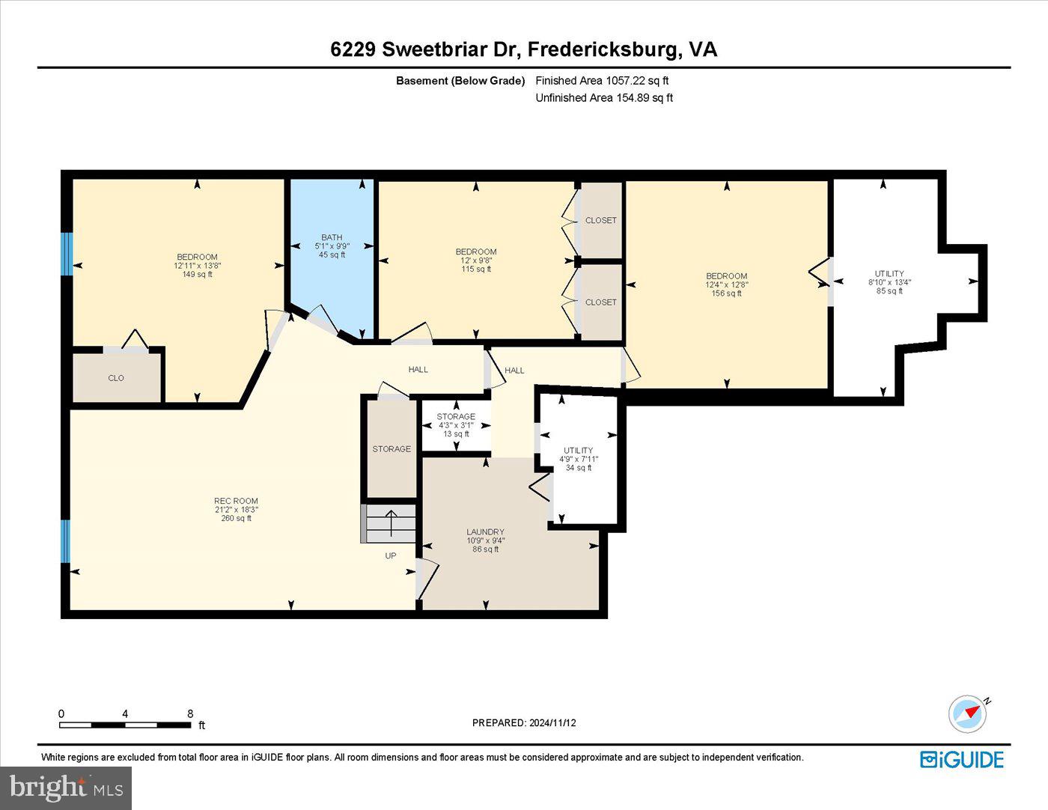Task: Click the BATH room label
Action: coord(332,237)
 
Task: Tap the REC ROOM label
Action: coord(236,502)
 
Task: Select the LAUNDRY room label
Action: coord(485,532)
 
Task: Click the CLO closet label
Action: coord(116,378)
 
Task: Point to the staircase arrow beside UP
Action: coord(390,523)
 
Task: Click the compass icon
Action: coord(967,713)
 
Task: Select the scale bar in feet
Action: coord(125,724)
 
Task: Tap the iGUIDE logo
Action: coord(962,759)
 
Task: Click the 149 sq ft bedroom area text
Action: coord(197,274)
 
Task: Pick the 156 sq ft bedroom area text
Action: coord(726,293)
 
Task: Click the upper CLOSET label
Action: coord(601,220)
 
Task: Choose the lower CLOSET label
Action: coord(601,302)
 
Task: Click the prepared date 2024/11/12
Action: coord(524,722)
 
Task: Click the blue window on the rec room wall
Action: coord(65,540)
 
